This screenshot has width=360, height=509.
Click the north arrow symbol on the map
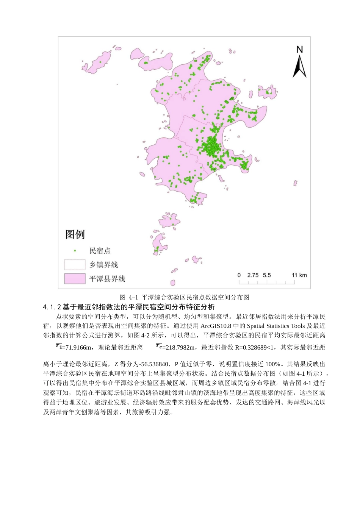click(x=299, y=67)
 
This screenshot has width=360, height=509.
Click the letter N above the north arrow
click(x=299, y=49)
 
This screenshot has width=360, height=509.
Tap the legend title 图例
click(x=75, y=234)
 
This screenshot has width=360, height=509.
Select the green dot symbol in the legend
click(x=75, y=251)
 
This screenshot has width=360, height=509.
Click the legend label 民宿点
click(x=100, y=251)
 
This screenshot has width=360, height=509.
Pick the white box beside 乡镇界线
click(x=75, y=264)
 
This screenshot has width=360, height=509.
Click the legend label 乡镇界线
click(x=103, y=265)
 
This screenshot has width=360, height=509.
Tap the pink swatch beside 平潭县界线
click(x=75, y=278)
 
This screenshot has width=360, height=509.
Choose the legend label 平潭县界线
click(x=107, y=279)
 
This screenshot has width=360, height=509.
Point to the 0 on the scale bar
click(x=239, y=275)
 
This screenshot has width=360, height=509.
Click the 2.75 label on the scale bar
click(x=253, y=275)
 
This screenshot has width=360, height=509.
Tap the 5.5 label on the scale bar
click(x=267, y=275)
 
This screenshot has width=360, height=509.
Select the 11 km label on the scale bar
click(x=299, y=275)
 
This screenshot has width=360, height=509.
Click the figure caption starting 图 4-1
click(x=184, y=297)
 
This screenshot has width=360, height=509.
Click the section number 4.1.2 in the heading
click(x=52, y=307)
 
